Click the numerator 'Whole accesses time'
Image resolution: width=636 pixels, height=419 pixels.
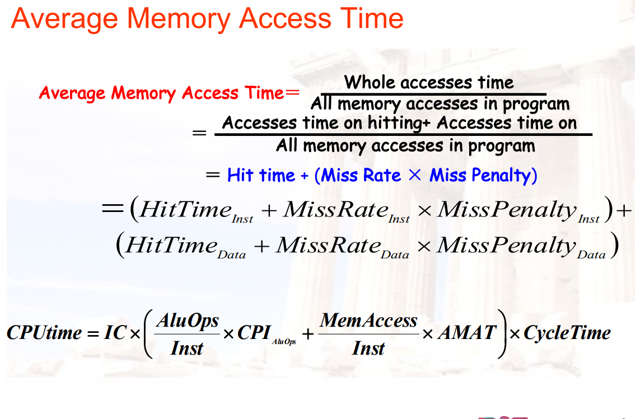[428, 83]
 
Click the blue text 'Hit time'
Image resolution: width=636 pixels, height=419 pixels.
[261, 176]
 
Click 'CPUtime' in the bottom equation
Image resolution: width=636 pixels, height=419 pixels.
[44, 333]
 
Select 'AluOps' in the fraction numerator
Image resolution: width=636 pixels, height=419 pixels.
[187, 321]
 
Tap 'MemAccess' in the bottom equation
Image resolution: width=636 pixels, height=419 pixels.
[368, 321]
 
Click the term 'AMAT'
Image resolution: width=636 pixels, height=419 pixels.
[466, 333]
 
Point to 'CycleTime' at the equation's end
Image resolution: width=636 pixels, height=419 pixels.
[567, 333]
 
